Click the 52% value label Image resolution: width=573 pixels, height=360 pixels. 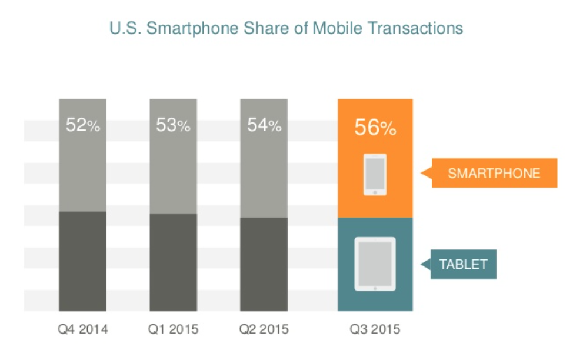pyautogui.click(x=83, y=126)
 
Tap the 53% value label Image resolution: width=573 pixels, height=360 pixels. pyautogui.click(x=174, y=126)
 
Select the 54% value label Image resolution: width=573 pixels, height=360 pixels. pyautogui.click(x=264, y=126)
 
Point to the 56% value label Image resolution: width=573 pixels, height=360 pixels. pyautogui.click(x=375, y=128)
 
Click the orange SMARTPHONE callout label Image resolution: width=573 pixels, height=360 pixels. pyautogui.click(x=494, y=174)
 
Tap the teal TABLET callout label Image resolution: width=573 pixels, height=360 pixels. pyautogui.click(x=463, y=264)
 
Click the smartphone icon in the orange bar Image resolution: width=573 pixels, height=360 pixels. pyautogui.click(x=375, y=175)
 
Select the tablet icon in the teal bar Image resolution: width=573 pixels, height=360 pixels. pyautogui.click(x=375, y=264)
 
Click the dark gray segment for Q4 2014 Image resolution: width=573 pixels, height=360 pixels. pyautogui.click(x=83, y=261)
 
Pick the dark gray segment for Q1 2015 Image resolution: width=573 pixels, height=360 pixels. pyautogui.click(x=174, y=262)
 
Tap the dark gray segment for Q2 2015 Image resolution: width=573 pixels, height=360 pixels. pyautogui.click(x=264, y=264)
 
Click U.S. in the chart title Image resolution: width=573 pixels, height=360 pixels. pyautogui.click(x=125, y=28)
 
